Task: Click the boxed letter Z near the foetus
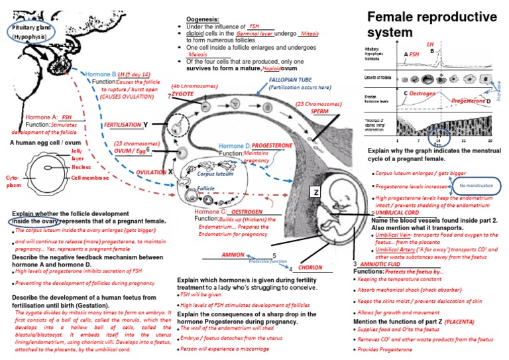[x=316, y=192]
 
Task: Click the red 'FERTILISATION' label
[x=122, y=125]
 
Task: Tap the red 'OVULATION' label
[x=151, y=172]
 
